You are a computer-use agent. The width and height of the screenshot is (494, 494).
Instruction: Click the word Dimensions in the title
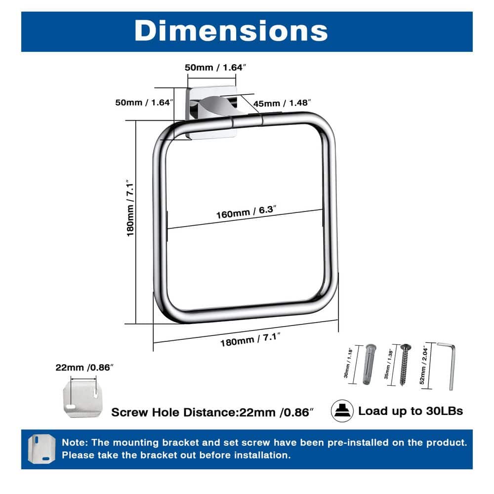click(231, 31)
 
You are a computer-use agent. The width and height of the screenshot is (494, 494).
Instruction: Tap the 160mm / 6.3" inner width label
click(246, 212)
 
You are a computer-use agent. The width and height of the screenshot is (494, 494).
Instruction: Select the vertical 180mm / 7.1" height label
click(130, 208)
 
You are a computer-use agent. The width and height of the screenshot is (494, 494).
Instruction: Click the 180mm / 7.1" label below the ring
click(250, 340)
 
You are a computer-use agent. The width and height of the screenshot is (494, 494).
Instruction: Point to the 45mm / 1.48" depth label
click(282, 103)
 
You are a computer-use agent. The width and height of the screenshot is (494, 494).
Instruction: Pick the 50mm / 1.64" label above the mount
click(215, 67)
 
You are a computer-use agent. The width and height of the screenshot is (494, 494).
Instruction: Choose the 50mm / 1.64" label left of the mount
click(144, 102)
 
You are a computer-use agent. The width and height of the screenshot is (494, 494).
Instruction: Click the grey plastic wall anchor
click(369, 364)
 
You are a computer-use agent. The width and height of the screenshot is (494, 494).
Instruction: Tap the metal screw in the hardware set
click(404, 365)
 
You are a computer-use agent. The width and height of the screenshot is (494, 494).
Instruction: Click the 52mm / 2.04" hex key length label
click(423, 365)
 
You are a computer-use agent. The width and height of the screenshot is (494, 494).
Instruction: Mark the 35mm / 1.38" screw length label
click(388, 364)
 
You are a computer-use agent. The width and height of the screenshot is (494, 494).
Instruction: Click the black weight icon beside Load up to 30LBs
click(342, 411)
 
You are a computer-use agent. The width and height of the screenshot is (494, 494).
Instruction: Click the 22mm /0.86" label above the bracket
click(84, 368)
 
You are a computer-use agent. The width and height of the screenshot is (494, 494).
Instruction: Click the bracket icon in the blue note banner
click(41, 449)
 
